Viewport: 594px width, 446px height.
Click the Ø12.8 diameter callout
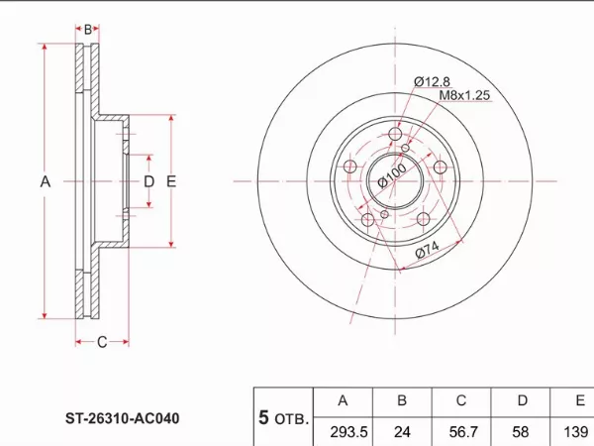pyautogui.click(x=432, y=81)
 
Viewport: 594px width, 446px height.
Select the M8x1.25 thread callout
pyautogui.click(x=464, y=95)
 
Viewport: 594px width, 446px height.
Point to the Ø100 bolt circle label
pyautogui.click(x=392, y=176)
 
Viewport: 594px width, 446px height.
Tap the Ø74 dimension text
pyautogui.click(x=427, y=249)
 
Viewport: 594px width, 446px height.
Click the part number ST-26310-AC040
pyautogui.click(x=123, y=418)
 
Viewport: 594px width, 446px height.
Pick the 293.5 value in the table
pyautogui.click(x=348, y=431)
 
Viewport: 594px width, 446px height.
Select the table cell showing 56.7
pyautogui.click(x=462, y=431)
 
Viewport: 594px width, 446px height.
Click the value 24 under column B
pyautogui.click(x=402, y=431)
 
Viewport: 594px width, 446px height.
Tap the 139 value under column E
pyautogui.click(x=576, y=431)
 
